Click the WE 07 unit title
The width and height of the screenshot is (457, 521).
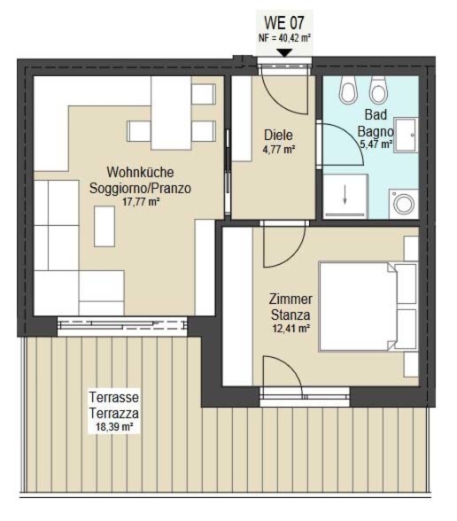pos(284,23)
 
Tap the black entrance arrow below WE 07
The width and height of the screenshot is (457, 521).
pos(284,53)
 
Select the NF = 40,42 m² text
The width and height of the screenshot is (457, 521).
pos(284,38)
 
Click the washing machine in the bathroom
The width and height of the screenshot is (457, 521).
pos(404,204)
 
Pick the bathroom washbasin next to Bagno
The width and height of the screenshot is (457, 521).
pos(406,136)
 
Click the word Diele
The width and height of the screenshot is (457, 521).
pos(278,136)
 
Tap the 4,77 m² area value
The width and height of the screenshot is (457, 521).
pos(279,150)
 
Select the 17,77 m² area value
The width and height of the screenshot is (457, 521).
pos(140,202)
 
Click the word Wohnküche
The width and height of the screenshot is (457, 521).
pos(140,172)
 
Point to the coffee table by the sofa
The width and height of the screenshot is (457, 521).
pos(105,226)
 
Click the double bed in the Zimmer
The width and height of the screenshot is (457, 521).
pos(368,307)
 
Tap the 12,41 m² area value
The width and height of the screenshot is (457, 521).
pos(290,329)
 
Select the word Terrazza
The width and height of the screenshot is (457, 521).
pos(114,414)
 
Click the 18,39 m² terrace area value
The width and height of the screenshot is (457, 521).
pos(114,427)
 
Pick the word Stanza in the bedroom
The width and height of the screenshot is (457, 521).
pos(290,315)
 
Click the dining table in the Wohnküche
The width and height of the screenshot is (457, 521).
pos(171,113)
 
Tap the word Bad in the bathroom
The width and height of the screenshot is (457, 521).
pos(376,114)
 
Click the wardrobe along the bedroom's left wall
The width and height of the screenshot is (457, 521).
pos(237,307)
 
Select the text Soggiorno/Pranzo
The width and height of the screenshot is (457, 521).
pos(140,188)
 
